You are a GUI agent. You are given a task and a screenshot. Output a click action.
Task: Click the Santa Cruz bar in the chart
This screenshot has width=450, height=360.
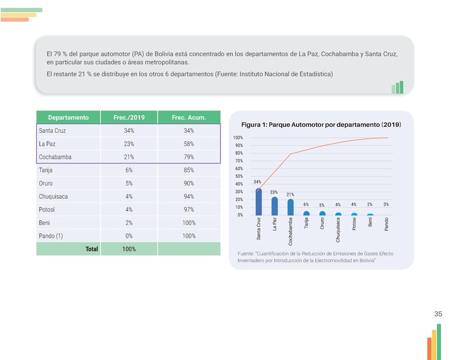(258, 203)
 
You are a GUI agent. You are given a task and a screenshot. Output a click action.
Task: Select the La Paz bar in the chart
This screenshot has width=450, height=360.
(274, 206)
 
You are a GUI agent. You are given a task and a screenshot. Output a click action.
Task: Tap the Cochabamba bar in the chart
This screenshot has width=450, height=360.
(290, 207)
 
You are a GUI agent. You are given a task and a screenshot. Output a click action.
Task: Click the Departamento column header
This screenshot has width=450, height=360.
(68, 117)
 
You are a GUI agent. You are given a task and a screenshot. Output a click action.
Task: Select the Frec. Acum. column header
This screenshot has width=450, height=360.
(189, 117)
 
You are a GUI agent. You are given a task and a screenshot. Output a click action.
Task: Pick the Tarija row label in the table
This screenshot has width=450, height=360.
(46, 170)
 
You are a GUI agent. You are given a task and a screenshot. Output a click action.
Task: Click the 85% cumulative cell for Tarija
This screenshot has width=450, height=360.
(189, 170)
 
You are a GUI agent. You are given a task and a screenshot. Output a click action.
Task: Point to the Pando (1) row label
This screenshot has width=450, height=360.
(50, 236)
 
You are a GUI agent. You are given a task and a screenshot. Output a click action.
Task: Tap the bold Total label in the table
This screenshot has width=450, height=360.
(91, 249)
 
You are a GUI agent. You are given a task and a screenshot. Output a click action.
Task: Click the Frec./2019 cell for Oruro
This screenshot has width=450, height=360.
(129, 183)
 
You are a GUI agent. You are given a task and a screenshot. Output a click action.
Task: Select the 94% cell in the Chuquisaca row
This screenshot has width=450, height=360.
(189, 197)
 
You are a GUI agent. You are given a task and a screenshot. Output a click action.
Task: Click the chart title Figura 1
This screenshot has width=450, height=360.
(321, 125)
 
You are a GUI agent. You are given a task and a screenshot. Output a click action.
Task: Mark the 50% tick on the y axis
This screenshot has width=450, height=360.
(239, 177)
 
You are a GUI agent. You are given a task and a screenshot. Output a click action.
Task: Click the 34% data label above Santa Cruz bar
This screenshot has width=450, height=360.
(257, 182)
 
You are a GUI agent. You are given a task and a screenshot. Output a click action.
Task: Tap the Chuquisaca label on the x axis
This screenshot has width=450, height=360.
(338, 230)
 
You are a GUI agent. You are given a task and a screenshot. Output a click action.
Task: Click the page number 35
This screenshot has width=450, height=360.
(438, 314)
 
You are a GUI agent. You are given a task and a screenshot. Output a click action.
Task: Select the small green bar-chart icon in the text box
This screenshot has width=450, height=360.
(397, 88)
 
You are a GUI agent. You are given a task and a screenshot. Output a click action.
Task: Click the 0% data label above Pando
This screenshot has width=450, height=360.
(386, 205)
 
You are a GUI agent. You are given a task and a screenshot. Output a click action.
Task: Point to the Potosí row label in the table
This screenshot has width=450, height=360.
(47, 210)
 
